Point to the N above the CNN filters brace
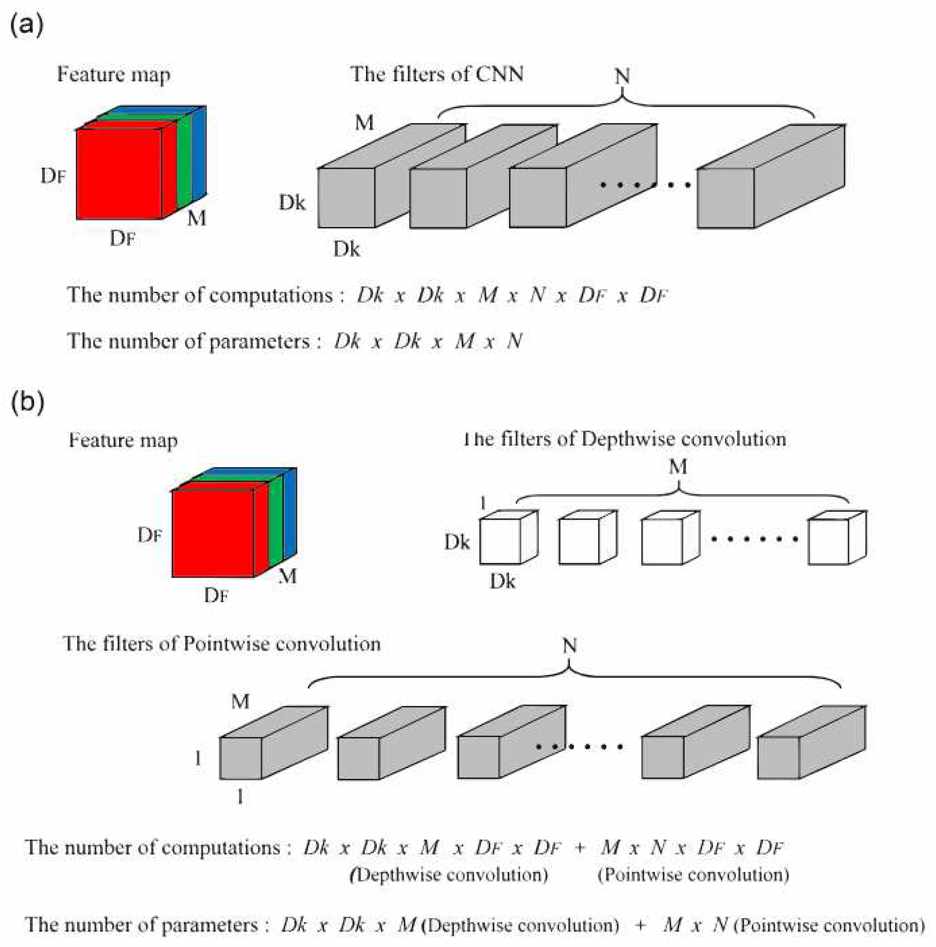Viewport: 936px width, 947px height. click(622, 77)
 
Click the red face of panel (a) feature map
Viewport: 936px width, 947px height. click(119, 174)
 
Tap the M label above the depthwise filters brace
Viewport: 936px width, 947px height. click(678, 467)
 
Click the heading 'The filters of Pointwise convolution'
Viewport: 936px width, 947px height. click(222, 644)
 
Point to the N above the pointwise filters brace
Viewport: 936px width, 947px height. click(570, 646)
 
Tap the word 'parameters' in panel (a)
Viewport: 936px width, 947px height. click(260, 341)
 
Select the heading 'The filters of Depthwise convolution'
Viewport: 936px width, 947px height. click(625, 439)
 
